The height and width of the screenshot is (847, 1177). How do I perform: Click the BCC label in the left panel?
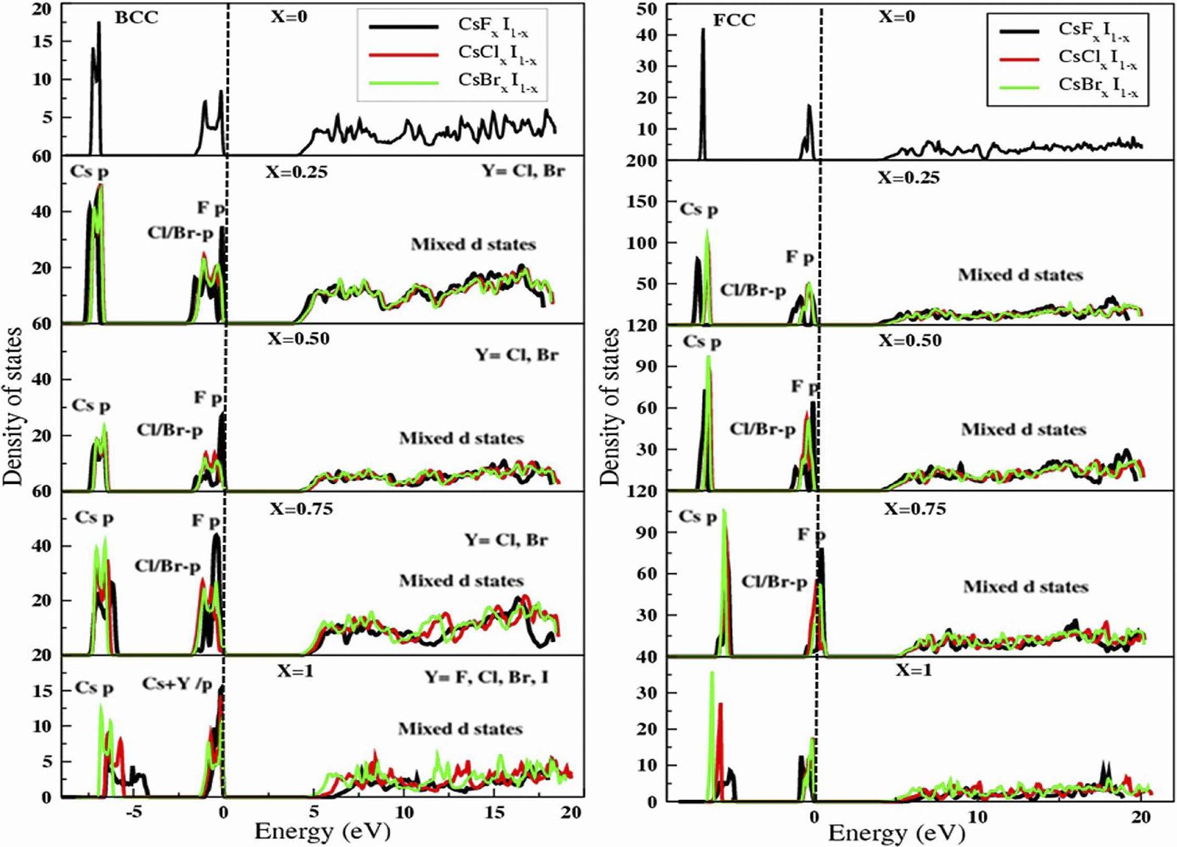pyautogui.click(x=137, y=17)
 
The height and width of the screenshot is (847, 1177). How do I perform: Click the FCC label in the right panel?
pyautogui.click(x=735, y=20)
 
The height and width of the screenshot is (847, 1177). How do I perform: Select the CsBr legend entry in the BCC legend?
pyautogui.click(x=497, y=82)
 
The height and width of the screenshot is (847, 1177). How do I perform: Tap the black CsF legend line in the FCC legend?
pyautogui.click(x=1018, y=31)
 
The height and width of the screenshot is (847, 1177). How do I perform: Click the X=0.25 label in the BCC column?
pyautogui.click(x=297, y=171)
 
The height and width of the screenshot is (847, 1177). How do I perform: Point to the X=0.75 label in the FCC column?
pyautogui.click(x=915, y=509)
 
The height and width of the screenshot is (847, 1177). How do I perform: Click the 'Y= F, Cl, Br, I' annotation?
pyautogui.click(x=487, y=677)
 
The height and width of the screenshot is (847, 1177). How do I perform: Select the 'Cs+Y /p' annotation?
pyautogui.click(x=177, y=684)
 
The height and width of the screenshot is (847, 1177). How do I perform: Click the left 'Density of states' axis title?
pyautogui.click(x=13, y=407)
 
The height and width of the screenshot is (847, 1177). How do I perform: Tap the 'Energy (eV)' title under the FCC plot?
pyautogui.click(x=896, y=833)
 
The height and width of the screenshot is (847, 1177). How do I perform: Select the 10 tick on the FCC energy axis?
pyautogui.click(x=977, y=817)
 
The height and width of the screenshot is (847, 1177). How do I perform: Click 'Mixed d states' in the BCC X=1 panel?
pyautogui.click(x=460, y=729)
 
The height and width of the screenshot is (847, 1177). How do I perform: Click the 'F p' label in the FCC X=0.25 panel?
pyautogui.click(x=800, y=258)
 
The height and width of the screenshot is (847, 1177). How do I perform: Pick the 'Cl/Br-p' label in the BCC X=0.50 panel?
pyautogui.click(x=170, y=430)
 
